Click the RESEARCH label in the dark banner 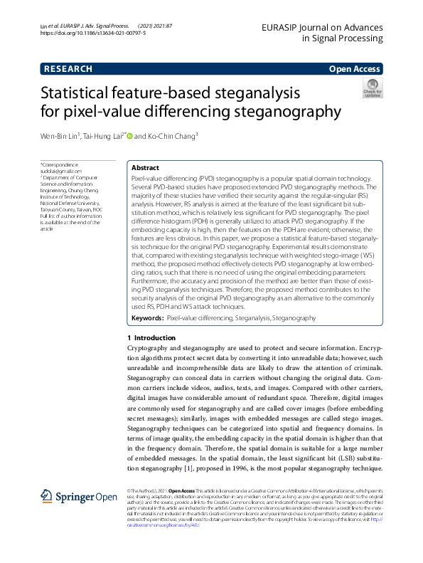[68, 69]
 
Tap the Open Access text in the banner [355, 69]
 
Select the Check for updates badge [372, 88]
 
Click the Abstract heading [145, 168]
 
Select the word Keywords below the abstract [147, 318]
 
